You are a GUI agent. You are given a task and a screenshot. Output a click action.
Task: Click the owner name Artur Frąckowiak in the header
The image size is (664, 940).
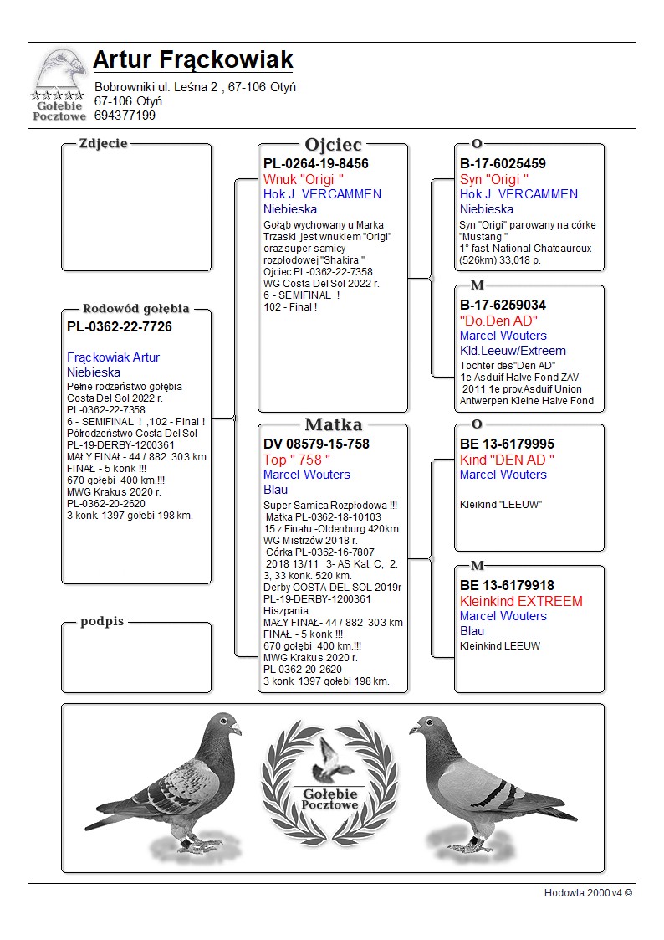pyautogui.click(x=193, y=60)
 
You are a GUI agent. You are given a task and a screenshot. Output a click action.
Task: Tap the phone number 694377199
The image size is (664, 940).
pyautogui.click(x=125, y=116)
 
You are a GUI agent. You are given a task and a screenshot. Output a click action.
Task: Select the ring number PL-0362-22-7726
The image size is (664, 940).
pyautogui.click(x=120, y=326)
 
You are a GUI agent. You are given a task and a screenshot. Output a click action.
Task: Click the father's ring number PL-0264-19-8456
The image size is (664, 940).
pyautogui.click(x=316, y=164)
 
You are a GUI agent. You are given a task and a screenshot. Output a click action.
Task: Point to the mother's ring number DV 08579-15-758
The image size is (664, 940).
pyautogui.click(x=316, y=444)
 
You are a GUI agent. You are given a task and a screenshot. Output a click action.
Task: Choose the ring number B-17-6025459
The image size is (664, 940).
pyautogui.click(x=503, y=164)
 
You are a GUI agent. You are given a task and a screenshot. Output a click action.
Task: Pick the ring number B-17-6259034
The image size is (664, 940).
pyautogui.click(x=503, y=306)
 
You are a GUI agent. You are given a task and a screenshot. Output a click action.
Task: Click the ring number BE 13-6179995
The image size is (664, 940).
pyautogui.click(x=507, y=444)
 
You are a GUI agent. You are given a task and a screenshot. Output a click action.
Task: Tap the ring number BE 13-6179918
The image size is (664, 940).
pyautogui.click(x=507, y=586)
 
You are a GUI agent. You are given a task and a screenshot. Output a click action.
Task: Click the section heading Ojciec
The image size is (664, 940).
pyautogui.click(x=333, y=145)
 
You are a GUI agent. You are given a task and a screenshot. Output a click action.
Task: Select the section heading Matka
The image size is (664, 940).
pyautogui.click(x=333, y=424)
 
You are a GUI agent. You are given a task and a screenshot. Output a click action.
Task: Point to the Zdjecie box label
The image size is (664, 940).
pyautogui.click(x=103, y=143)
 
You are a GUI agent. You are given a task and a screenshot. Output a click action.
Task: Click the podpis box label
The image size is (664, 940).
pyautogui.click(x=102, y=622)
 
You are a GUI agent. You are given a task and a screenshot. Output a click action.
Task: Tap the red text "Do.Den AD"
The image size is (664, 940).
pyautogui.click(x=498, y=321)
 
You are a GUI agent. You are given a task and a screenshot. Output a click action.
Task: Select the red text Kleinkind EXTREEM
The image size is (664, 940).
pyautogui.click(x=521, y=601)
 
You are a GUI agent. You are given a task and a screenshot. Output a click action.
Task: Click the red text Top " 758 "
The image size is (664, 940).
pyautogui.click(x=297, y=460)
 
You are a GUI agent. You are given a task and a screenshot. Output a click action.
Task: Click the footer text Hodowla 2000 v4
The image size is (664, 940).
pyautogui.click(x=588, y=892)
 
